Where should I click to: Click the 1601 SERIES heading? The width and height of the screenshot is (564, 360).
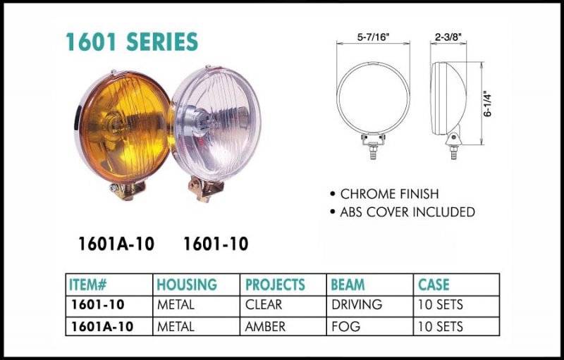tap(132, 42)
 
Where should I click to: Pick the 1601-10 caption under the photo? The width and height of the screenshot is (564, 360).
tap(216, 244)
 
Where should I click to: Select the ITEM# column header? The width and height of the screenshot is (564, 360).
tap(88, 285)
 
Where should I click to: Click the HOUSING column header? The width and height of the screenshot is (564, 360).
tap(187, 285)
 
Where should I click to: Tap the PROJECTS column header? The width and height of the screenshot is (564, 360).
tap(275, 285)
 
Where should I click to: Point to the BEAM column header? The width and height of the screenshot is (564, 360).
tap(348, 285)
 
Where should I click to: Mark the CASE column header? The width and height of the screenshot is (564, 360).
tap(434, 285)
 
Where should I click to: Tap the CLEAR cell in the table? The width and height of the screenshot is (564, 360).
tap(264, 305)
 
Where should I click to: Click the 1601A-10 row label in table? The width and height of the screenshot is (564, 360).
tap(102, 326)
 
